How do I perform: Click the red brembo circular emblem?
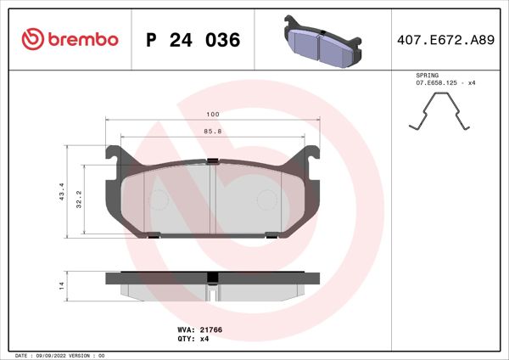tap(32, 39)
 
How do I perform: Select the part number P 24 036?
tap(193, 40)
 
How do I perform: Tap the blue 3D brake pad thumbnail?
tap(323, 42)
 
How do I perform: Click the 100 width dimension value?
tap(212, 114)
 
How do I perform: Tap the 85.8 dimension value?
tap(212, 132)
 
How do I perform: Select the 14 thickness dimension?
tap(61, 286)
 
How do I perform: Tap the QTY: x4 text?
tap(193, 338)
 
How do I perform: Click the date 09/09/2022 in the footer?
tap(54, 355)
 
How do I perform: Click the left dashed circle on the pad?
tap(159, 200)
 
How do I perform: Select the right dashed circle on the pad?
tap(266, 200)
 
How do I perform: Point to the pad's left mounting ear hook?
tap(112, 154)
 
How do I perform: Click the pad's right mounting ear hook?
tap(312, 154)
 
